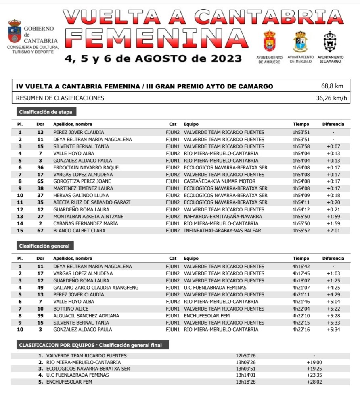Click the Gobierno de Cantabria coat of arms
pos(15,31)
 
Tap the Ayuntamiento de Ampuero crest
pos(269,41)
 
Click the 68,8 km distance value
pos(332,86)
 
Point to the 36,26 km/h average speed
pos(331,98)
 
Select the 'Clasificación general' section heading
pos(44,246)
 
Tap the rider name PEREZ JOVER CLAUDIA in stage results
pos(79,132)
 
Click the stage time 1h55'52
pos(301,231)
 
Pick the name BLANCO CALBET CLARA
pos(80,231)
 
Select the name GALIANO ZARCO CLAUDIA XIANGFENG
pos(96,288)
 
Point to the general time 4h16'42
pos(301,267)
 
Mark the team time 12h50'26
pos(246,356)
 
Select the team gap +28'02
pos(314,382)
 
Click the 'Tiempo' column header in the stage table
pos(301,124)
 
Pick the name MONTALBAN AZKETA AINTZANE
pos(88,217)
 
